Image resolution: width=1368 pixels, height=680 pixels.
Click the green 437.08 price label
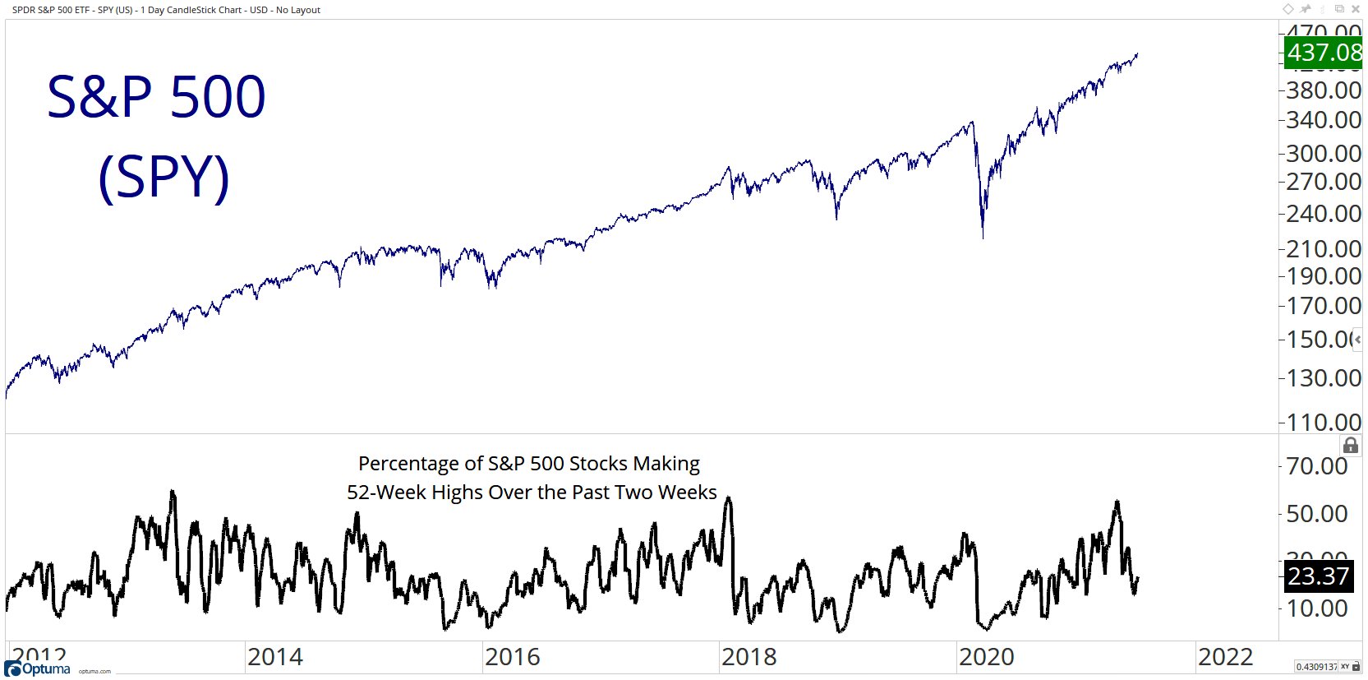pyautogui.click(x=1324, y=53)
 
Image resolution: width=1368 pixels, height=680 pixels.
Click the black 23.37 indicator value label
pyautogui.click(x=1318, y=576)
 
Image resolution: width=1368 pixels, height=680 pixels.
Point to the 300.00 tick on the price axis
pyautogui.click(x=1323, y=154)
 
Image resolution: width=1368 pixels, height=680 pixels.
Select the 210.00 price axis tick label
pyautogui.click(x=1323, y=249)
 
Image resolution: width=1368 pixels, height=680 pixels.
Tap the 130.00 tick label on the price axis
pyautogui.click(x=1323, y=378)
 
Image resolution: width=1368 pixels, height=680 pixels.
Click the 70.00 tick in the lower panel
pyautogui.click(x=1316, y=466)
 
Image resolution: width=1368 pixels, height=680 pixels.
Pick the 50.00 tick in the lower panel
pyautogui.click(x=1316, y=514)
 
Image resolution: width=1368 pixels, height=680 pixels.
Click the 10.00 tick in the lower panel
pyautogui.click(x=1316, y=608)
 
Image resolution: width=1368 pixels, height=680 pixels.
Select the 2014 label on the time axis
pyautogui.click(x=274, y=657)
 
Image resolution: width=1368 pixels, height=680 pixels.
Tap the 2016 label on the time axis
pyautogui.click(x=512, y=657)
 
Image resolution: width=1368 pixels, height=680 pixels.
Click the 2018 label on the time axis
pyautogui.click(x=748, y=657)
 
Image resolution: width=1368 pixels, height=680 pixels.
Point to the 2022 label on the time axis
pyautogui.click(x=1225, y=657)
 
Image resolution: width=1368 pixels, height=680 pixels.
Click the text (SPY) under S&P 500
pyautogui.click(x=164, y=177)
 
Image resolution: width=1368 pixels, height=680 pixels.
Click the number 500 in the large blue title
pyautogui.click(x=218, y=98)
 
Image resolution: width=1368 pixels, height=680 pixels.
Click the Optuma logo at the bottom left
pyautogui.click(x=38, y=668)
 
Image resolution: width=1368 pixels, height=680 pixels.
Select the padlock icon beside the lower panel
pyautogui.click(x=1351, y=446)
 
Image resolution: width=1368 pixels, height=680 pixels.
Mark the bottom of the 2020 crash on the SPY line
pyautogui.click(x=983, y=238)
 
